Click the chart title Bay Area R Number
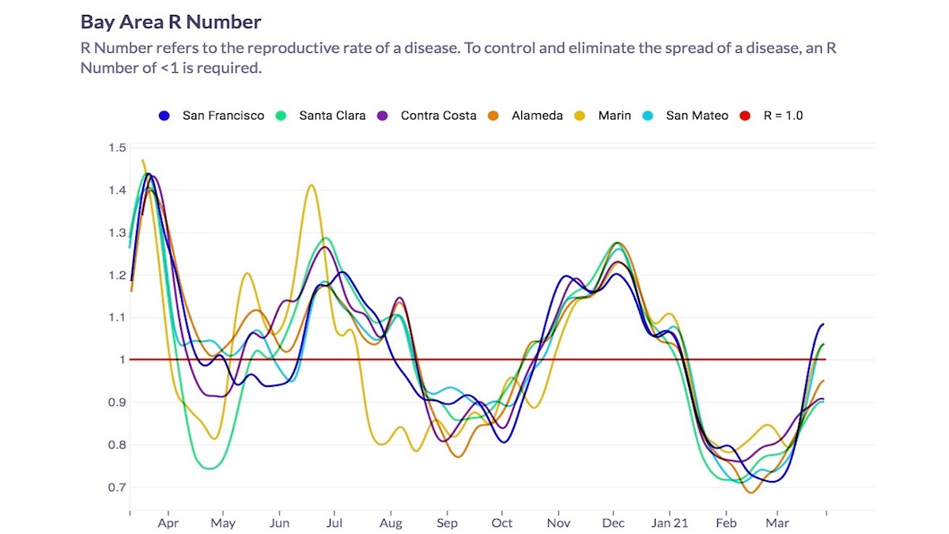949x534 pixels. (x=171, y=21)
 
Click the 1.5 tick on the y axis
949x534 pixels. (x=118, y=148)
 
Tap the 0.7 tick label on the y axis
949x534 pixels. (x=118, y=487)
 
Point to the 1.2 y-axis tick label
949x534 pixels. (x=118, y=275)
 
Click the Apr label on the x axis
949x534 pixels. (x=168, y=524)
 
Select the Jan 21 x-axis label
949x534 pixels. (x=670, y=524)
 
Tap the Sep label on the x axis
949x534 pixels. (x=447, y=524)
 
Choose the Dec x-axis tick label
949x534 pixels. (x=614, y=524)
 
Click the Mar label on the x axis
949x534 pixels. (x=777, y=524)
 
